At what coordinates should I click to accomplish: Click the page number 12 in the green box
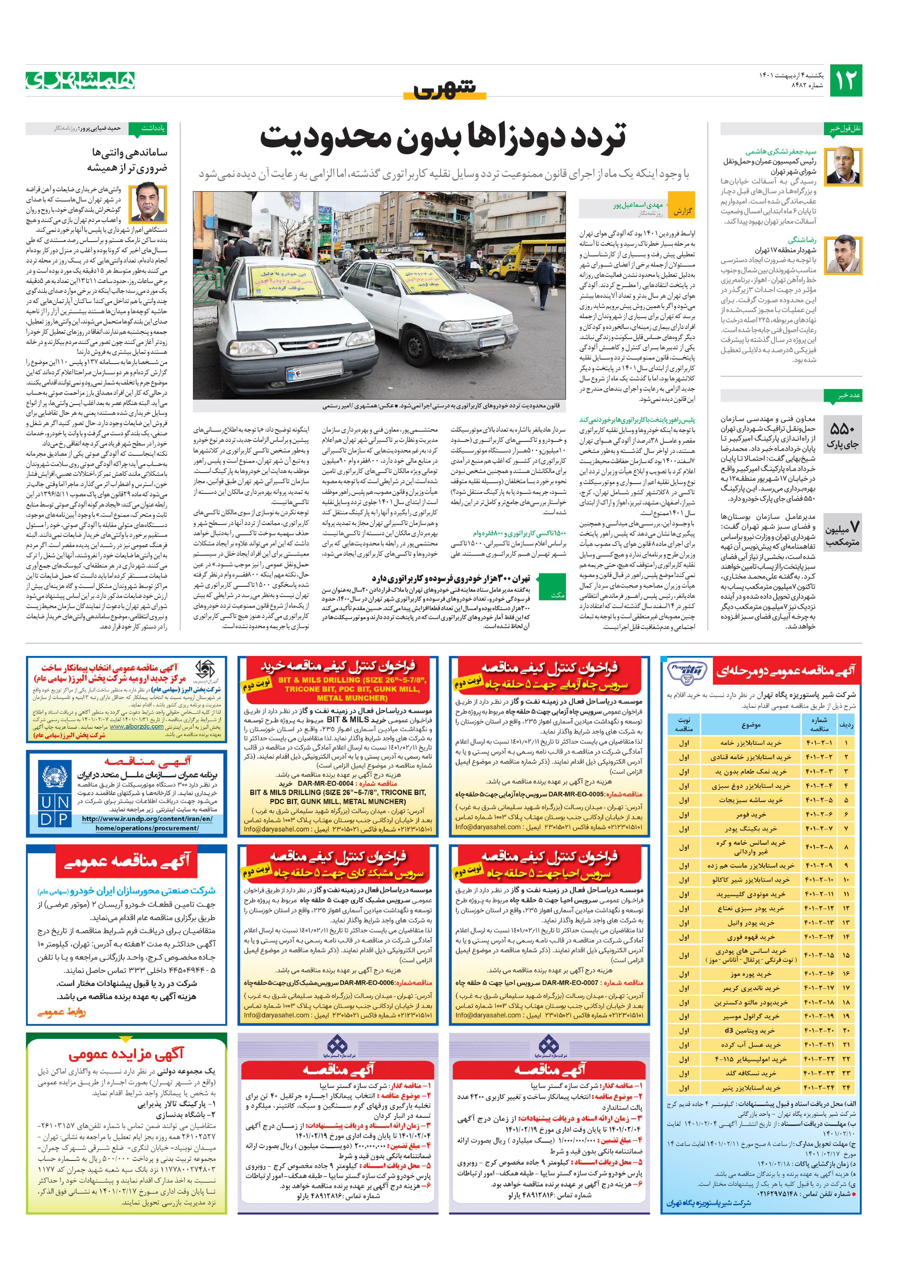tap(845, 80)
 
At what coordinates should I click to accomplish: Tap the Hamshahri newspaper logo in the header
tap(80, 80)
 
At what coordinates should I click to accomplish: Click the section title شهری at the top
tap(445, 88)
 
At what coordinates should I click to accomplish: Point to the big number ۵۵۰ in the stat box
tap(842, 429)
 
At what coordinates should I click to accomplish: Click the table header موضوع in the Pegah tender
tap(750, 725)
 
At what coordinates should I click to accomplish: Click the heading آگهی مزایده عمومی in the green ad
tap(126, 1054)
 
